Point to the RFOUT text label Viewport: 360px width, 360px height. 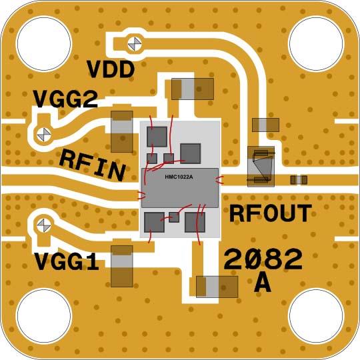pyautogui.click(x=271, y=213)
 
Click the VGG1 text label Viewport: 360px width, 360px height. pyautogui.click(x=66, y=261)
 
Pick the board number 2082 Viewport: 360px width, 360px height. pyautogui.click(x=262, y=259)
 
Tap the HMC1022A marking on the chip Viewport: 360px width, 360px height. pyautogui.click(x=179, y=177)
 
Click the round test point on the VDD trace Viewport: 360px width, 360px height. pyautogui.click(x=135, y=44)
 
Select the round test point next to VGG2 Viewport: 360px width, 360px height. pyautogui.click(x=43, y=133)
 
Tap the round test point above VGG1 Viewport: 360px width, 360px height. pyautogui.click(x=43, y=224)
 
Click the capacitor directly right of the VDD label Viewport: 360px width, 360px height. pyautogui.click(x=192, y=87)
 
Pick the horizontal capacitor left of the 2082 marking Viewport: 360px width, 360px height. pyautogui.click(x=217, y=287)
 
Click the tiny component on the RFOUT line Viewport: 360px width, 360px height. pyautogui.click(x=299, y=179)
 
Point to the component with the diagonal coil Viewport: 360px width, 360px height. pyautogui.click(x=261, y=165)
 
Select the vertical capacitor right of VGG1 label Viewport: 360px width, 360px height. pyautogui.click(x=121, y=266)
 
